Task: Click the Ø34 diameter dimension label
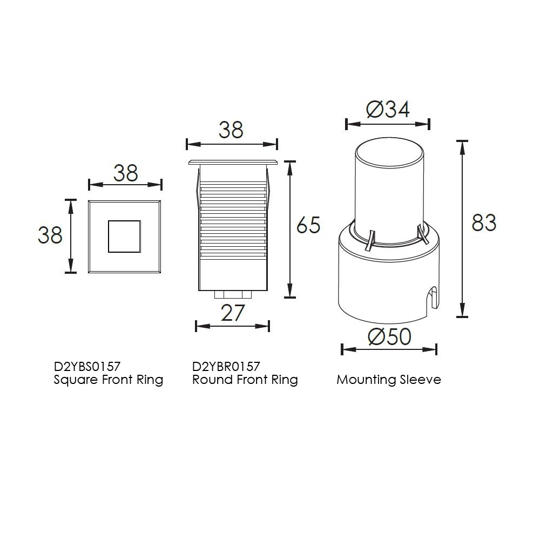point(388,110)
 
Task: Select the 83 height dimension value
point(484,222)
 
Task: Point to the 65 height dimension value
point(308,225)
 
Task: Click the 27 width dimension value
point(232,313)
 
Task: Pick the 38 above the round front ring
point(231,130)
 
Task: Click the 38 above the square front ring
point(126,173)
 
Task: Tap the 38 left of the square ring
point(50,235)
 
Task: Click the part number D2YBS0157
point(87,366)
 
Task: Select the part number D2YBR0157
point(226,366)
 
